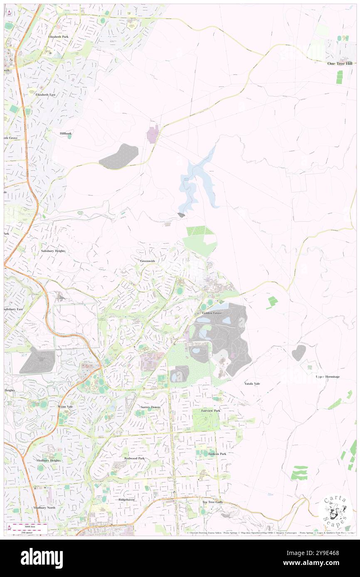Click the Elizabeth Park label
[58, 37]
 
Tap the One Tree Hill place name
[340, 64]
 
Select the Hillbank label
[66, 133]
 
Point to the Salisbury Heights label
[53, 251]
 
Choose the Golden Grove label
[212, 313]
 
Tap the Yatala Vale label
[252, 384]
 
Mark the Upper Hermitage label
[328, 377]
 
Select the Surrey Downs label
[150, 407]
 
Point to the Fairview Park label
[211, 410]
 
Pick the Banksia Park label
[217, 454]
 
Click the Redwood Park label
[134, 458]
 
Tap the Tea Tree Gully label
[212, 502]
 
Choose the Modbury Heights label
[48, 460]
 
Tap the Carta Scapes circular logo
[335, 513]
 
